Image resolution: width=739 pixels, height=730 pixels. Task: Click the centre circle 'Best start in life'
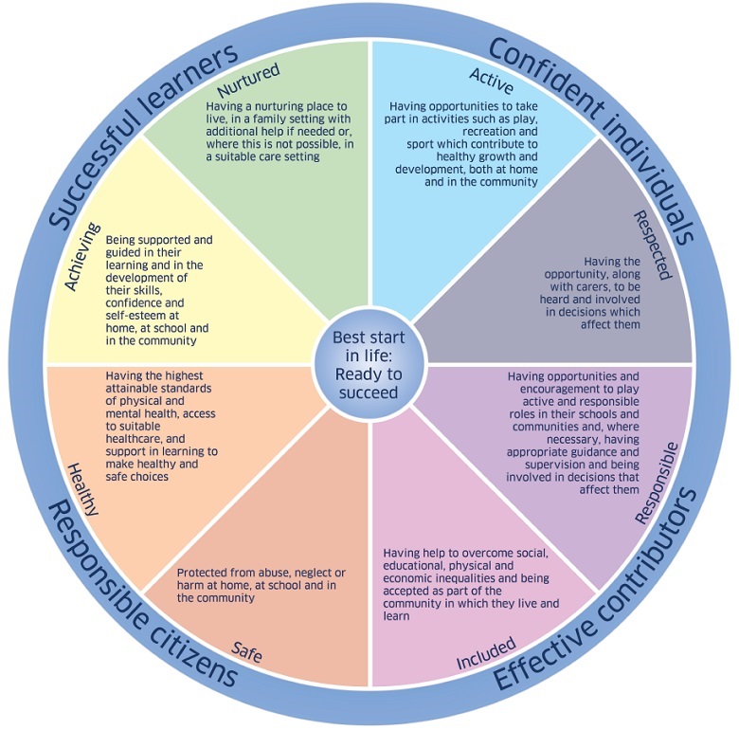click(368, 365)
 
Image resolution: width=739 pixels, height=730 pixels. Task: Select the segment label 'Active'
click(491, 75)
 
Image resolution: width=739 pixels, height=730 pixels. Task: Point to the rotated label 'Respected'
click(652, 245)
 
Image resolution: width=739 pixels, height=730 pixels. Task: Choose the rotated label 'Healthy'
click(82, 487)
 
